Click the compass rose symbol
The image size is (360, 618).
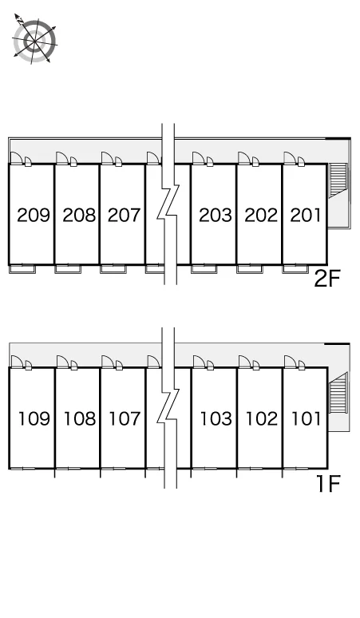pos(34,39)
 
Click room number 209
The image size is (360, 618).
pos(34,216)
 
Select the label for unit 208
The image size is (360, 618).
pos(79,216)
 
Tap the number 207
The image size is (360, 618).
pos(124,216)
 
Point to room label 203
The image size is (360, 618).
pos(215,216)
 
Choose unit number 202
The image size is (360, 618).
pos(261,216)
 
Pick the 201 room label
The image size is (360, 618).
pos(305,216)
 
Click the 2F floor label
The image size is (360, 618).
pos(326,279)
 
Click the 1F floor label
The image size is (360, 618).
pos(329,484)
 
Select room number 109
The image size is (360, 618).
pos(34,418)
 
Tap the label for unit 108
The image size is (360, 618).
pos(80,418)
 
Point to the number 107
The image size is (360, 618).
pos(125,418)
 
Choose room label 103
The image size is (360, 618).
pos(216,418)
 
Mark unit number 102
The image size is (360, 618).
pos(262,418)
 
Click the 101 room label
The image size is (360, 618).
pos(306,418)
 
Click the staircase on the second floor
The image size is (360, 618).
pos(338,180)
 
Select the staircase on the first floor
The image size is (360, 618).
pos(338,393)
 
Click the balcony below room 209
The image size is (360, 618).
pos(22,269)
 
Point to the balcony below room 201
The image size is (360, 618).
pos(295,269)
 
